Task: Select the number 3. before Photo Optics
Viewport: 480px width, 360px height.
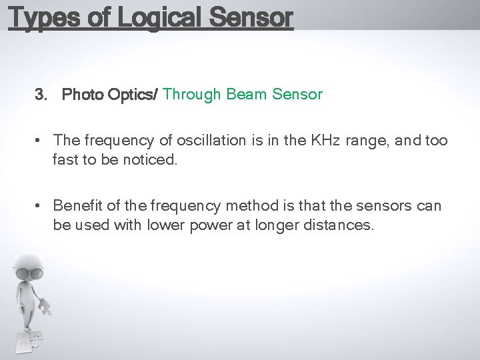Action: (x=41, y=95)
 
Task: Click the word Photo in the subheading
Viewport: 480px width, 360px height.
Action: (x=82, y=95)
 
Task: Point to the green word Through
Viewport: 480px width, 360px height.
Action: (x=192, y=95)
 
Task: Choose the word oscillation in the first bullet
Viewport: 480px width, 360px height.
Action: (x=209, y=141)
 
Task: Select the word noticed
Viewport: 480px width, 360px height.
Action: (x=151, y=160)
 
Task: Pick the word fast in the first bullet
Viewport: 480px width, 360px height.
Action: (x=65, y=160)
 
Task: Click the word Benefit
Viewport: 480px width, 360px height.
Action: (x=77, y=205)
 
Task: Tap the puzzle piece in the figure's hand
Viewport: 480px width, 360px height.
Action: (x=44, y=307)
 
